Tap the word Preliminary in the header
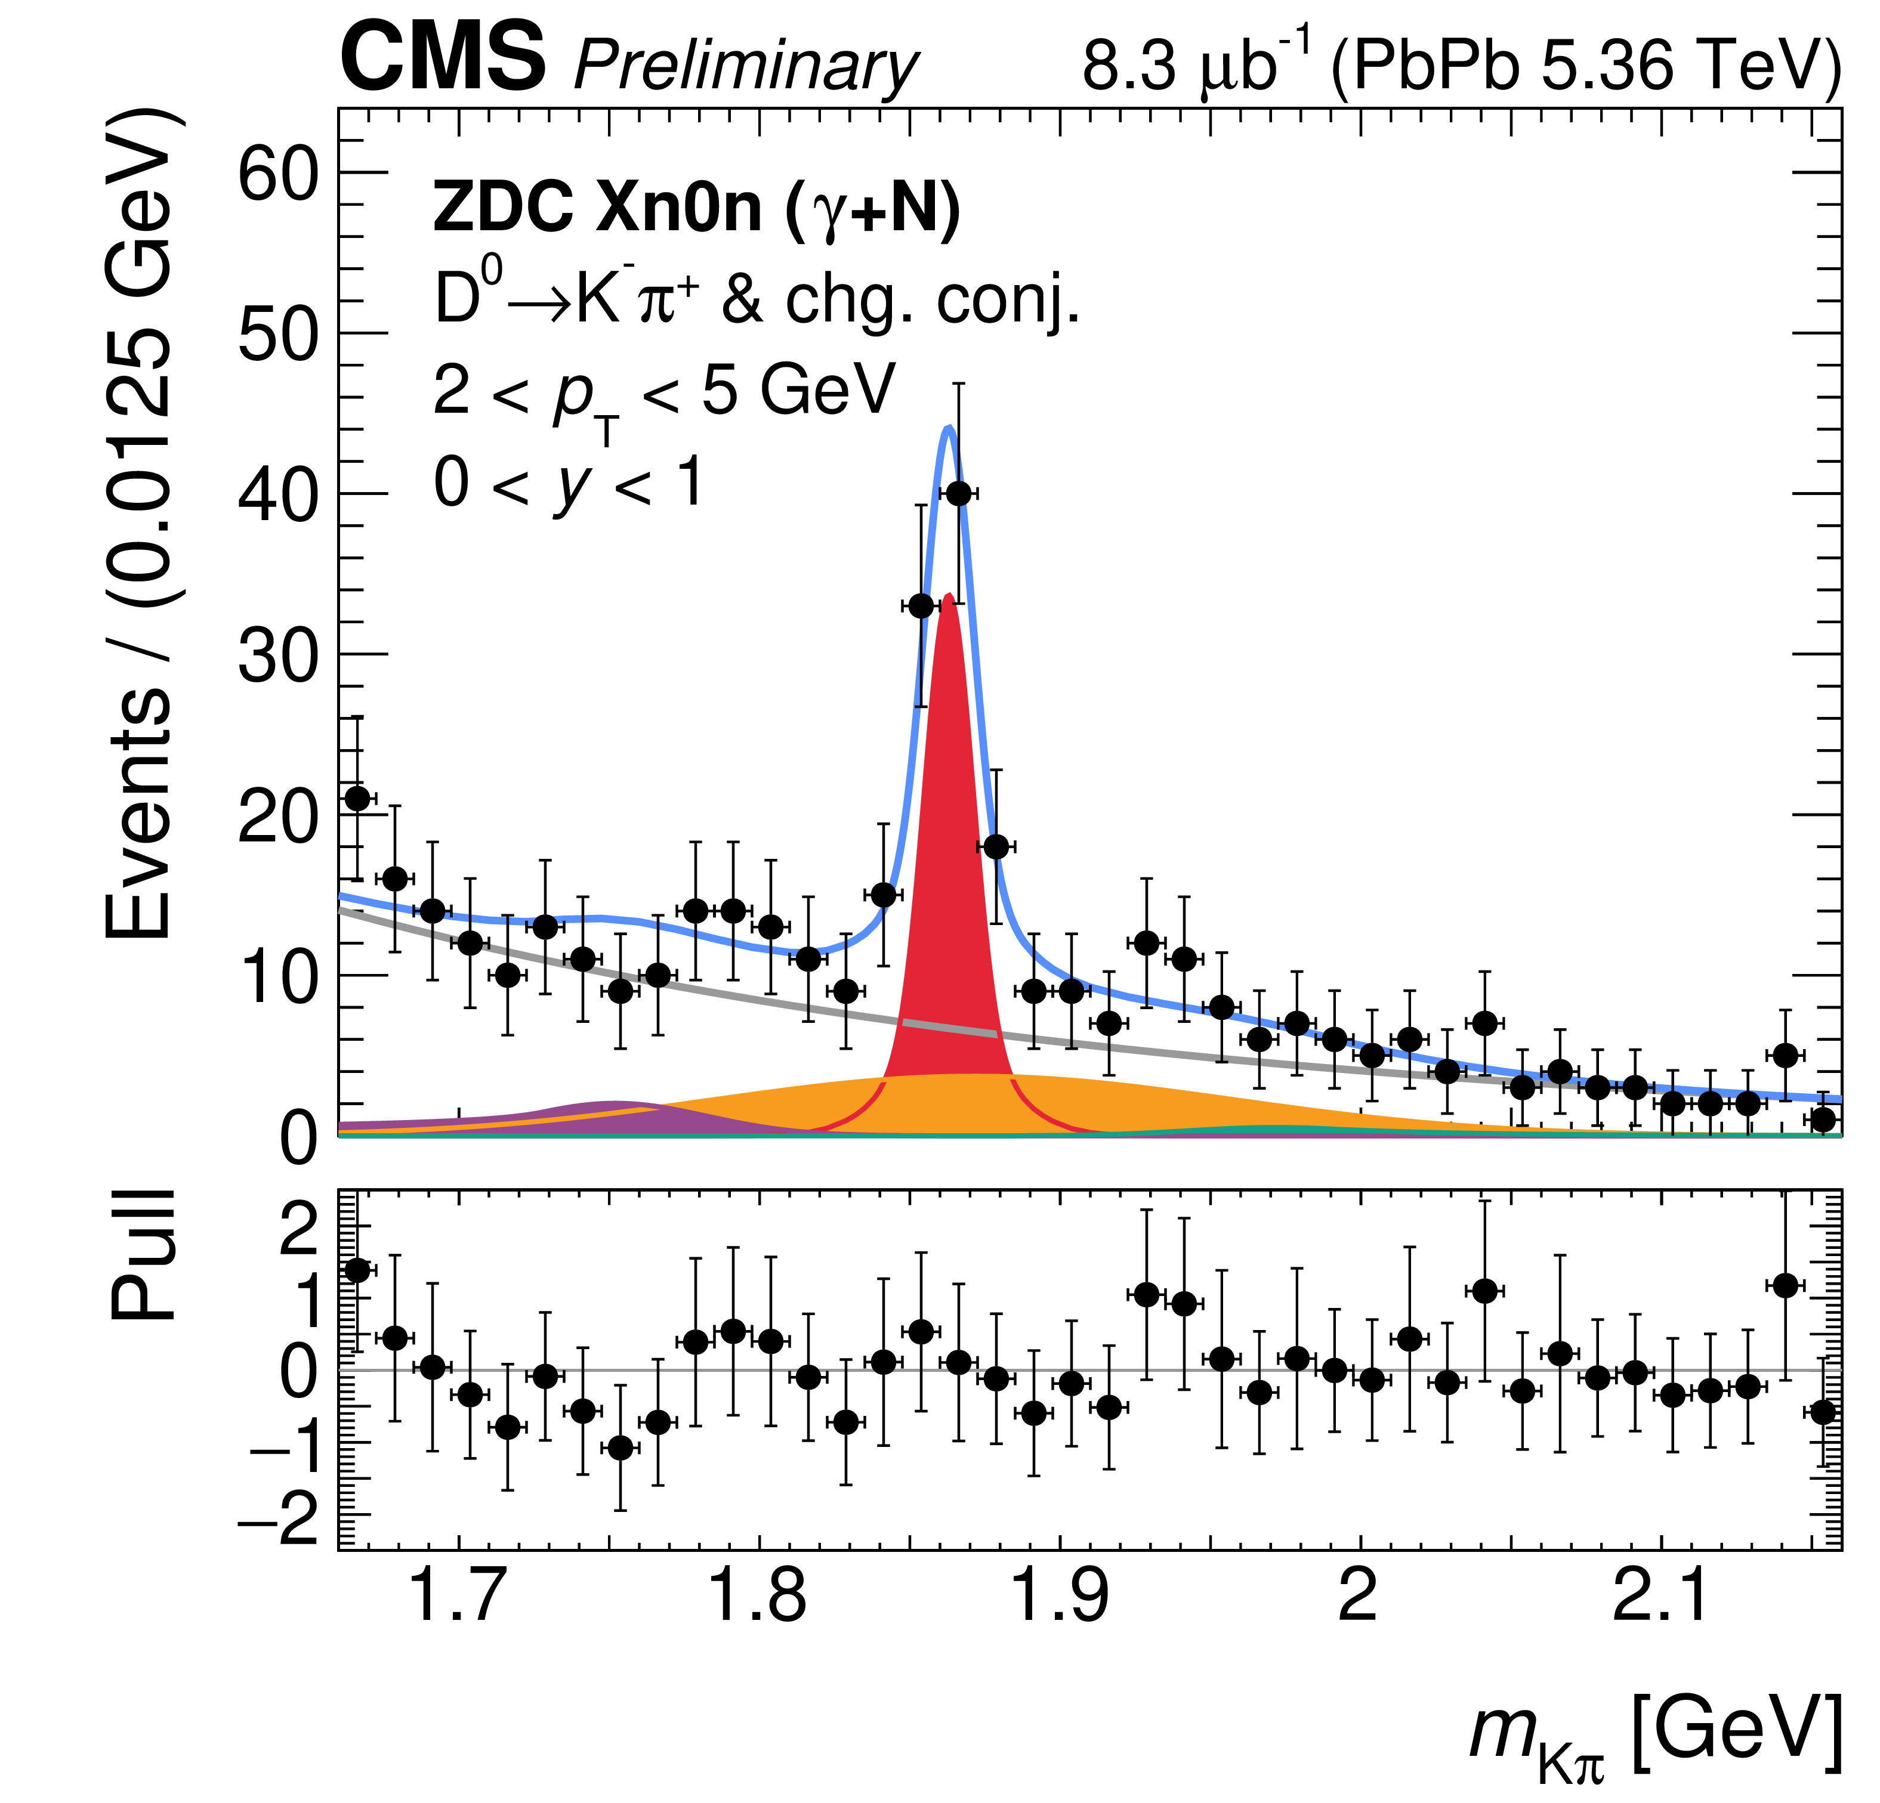(745, 67)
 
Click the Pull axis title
(144, 1256)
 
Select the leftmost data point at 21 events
(357, 798)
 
